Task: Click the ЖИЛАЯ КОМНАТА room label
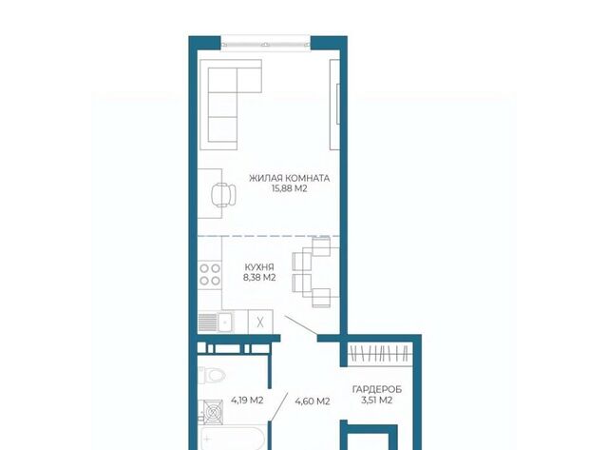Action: (x=289, y=178)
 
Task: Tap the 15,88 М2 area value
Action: (x=289, y=188)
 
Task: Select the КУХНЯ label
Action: (x=259, y=267)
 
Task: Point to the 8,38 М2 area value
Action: (x=259, y=277)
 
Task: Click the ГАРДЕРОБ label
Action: (x=377, y=389)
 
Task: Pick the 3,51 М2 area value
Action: (x=377, y=400)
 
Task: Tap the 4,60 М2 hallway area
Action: (x=313, y=401)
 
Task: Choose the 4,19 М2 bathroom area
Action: (x=247, y=400)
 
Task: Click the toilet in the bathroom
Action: (x=212, y=376)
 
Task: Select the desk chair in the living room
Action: (x=224, y=194)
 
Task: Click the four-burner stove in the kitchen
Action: (x=210, y=275)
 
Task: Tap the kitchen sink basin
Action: (x=225, y=322)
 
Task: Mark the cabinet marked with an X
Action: (x=260, y=322)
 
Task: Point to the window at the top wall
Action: (x=266, y=43)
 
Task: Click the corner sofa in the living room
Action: (x=230, y=105)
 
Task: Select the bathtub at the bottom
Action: (x=233, y=439)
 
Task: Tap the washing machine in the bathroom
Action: (x=211, y=412)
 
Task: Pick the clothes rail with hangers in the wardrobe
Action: (x=379, y=354)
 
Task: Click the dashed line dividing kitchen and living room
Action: (x=269, y=236)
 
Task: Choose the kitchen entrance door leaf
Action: (x=302, y=325)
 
